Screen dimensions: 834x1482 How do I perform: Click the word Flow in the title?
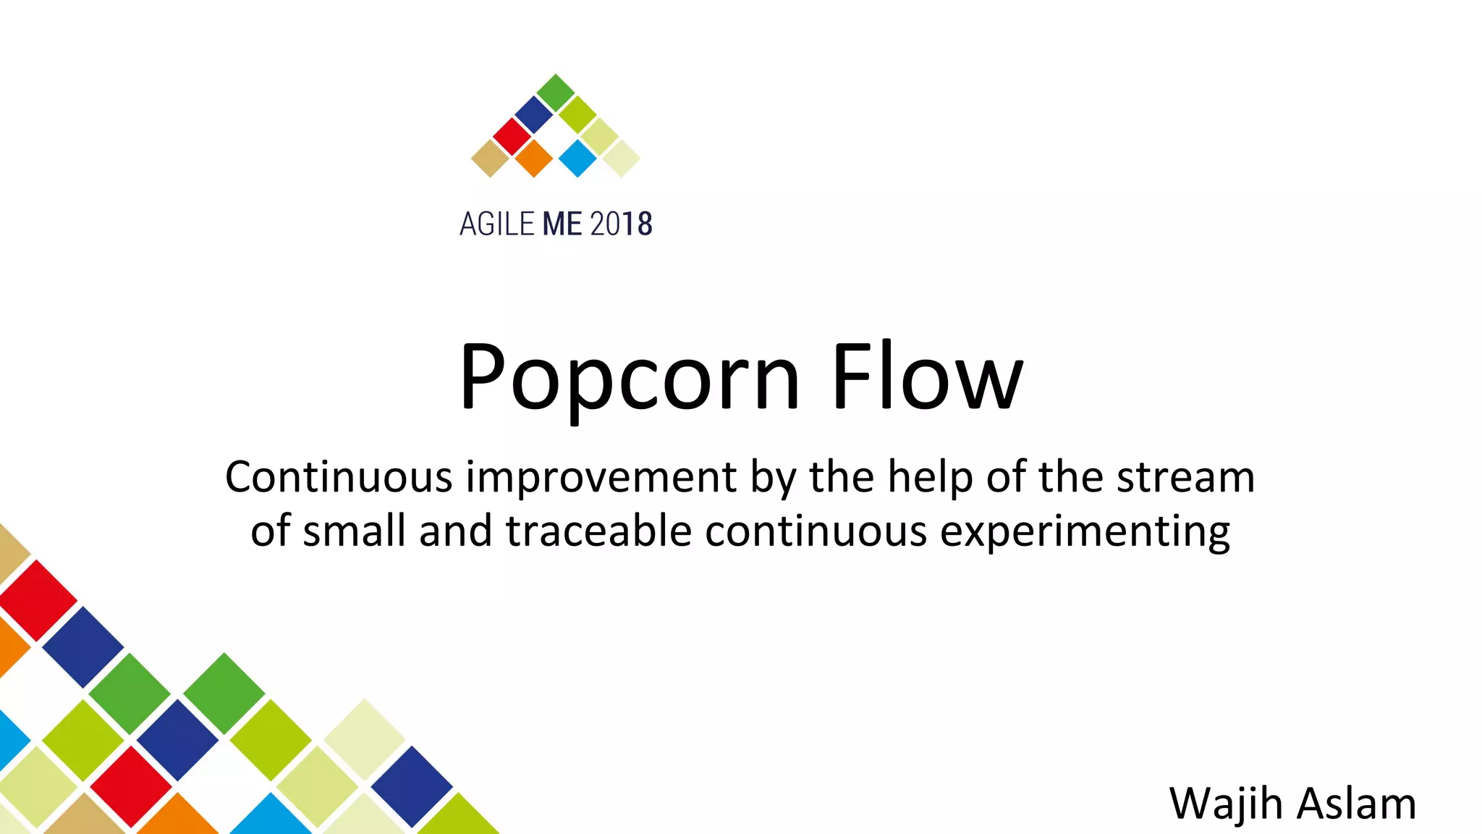click(927, 379)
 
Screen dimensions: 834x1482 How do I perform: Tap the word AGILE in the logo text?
click(496, 224)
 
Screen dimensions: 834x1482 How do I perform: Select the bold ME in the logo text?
click(562, 224)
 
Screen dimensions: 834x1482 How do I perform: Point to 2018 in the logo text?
click(621, 224)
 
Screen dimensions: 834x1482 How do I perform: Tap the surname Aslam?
click(1355, 804)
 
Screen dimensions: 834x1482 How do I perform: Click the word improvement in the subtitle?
click(601, 478)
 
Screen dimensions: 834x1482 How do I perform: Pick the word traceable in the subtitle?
click(598, 531)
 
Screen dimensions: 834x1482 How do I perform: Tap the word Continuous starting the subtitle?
click(339, 478)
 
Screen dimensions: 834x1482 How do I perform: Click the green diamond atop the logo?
click(556, 93)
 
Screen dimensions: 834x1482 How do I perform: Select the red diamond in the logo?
click(512, 136)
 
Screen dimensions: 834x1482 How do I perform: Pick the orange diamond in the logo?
click(534, 158)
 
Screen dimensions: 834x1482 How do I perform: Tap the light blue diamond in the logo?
click(577, 158)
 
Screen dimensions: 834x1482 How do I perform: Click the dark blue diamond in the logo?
click(534, 114)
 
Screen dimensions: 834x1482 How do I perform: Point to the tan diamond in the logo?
click(491, 158)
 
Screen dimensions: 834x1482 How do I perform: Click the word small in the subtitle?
click(354, 531)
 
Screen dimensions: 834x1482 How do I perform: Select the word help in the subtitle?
click(929, 478)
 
